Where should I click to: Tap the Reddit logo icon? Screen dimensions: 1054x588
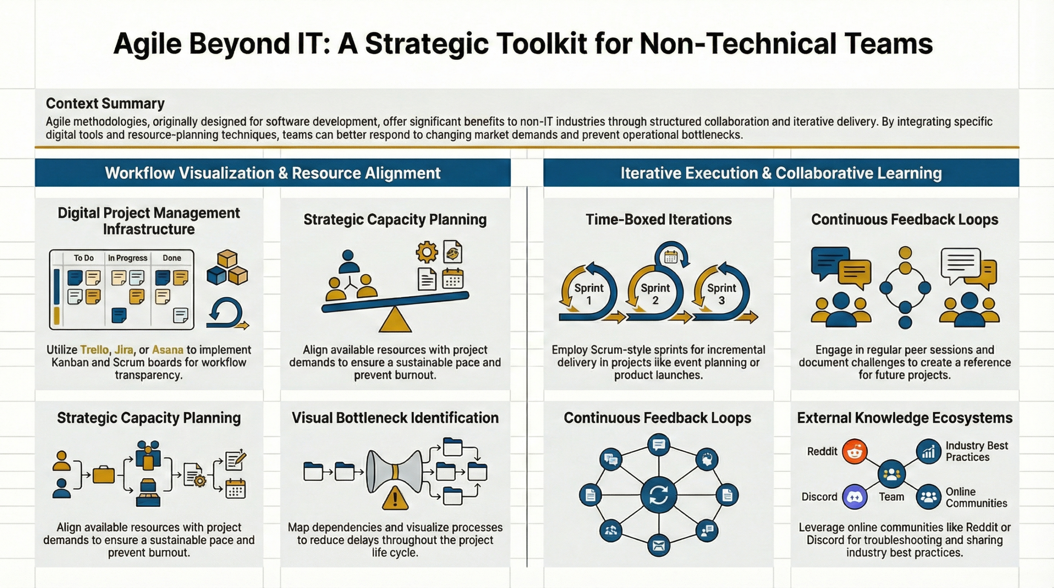pos(854,451)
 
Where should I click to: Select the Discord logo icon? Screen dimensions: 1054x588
pos(854,497)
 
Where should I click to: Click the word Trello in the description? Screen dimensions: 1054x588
pos(95,350)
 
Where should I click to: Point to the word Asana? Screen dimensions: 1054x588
pos(168,350)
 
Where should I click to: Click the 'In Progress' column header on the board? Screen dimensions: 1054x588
pos(128,258)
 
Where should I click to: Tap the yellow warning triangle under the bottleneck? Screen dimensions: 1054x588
pos(395,498)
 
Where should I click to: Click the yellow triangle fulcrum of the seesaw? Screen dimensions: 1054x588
pos(395,320)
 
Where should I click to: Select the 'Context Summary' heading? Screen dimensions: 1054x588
pos(105,103)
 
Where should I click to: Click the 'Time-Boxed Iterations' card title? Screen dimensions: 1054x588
pos(659,219)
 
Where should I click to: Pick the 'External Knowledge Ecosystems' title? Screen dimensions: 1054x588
pos(905,418)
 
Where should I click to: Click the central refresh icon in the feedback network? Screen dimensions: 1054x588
pos(659,495)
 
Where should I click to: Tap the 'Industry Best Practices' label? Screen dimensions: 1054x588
pos(977,451)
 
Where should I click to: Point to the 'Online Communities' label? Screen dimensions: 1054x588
pos(976,497)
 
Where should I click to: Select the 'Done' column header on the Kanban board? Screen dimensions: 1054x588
pos(172,258)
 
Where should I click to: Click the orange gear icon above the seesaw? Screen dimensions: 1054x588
pos(427,252)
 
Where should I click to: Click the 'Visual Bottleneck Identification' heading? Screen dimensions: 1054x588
pos(395,418)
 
